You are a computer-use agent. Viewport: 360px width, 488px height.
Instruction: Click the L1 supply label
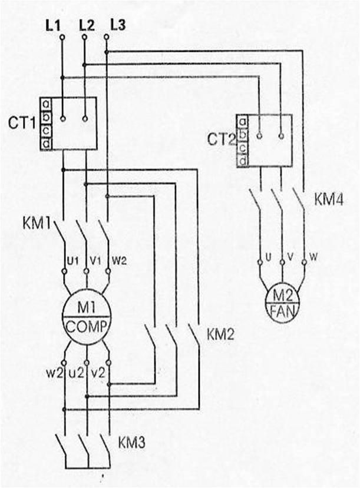pos(53,25)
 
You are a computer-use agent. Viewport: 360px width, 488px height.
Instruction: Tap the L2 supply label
pos(85,25)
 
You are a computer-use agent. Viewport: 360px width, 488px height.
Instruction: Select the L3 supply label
pos(117,25)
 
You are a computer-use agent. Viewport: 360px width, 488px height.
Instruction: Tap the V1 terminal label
pos(94,260)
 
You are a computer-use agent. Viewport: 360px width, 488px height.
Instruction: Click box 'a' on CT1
pos(45,104)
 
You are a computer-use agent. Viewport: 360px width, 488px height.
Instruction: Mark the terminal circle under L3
pos(106,37)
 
